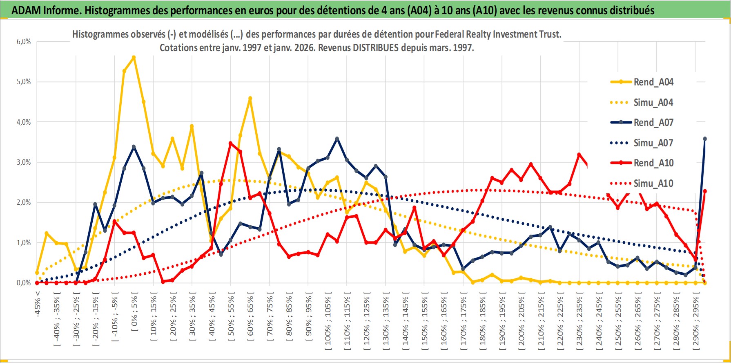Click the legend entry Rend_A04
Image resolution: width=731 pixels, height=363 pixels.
(653, 82)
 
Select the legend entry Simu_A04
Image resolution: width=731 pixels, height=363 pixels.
(653, 103)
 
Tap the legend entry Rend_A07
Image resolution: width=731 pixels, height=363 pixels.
(653, 123)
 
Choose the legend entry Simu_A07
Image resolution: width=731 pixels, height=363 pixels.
(653, 143)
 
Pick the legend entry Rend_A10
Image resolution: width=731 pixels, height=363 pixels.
(653, 163)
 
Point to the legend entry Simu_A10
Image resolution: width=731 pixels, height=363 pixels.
(653, 184)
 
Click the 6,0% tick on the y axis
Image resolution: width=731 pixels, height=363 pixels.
(24, 42)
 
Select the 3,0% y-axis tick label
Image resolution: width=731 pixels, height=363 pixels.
(24, 162)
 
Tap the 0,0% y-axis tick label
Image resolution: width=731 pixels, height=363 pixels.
(24, 283)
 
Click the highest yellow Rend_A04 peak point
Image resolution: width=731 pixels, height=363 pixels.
(134, 58)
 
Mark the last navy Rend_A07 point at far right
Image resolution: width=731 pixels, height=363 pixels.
(705, 139)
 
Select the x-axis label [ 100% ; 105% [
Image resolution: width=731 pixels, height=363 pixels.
(328, 321)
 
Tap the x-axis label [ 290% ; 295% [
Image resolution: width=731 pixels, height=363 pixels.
(695, 321)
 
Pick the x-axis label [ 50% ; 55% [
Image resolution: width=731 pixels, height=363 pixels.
(231, 317)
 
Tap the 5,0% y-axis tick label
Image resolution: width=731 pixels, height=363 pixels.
(24, 82)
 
